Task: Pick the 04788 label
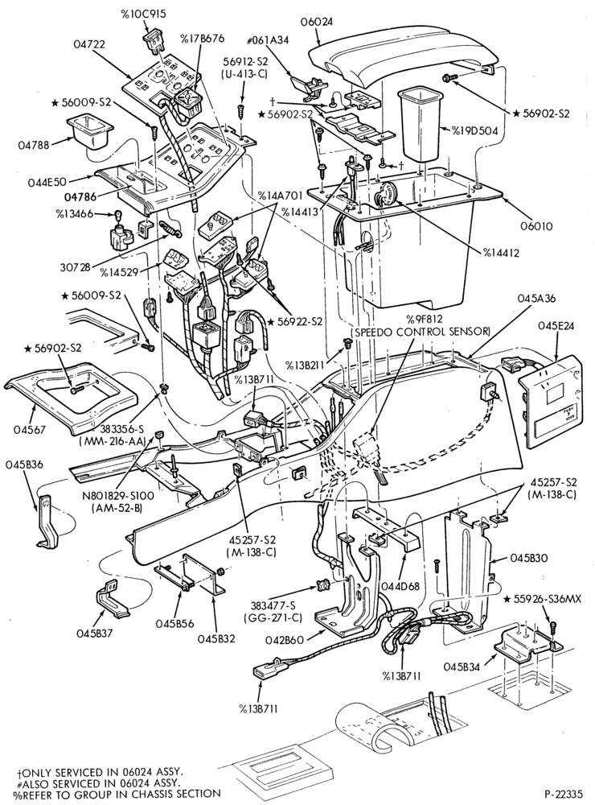35,145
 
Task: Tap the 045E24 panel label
559,325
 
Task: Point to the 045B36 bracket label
24,464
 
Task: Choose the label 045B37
95,633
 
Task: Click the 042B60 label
285,640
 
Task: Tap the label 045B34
462,667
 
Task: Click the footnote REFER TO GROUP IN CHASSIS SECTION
117,793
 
